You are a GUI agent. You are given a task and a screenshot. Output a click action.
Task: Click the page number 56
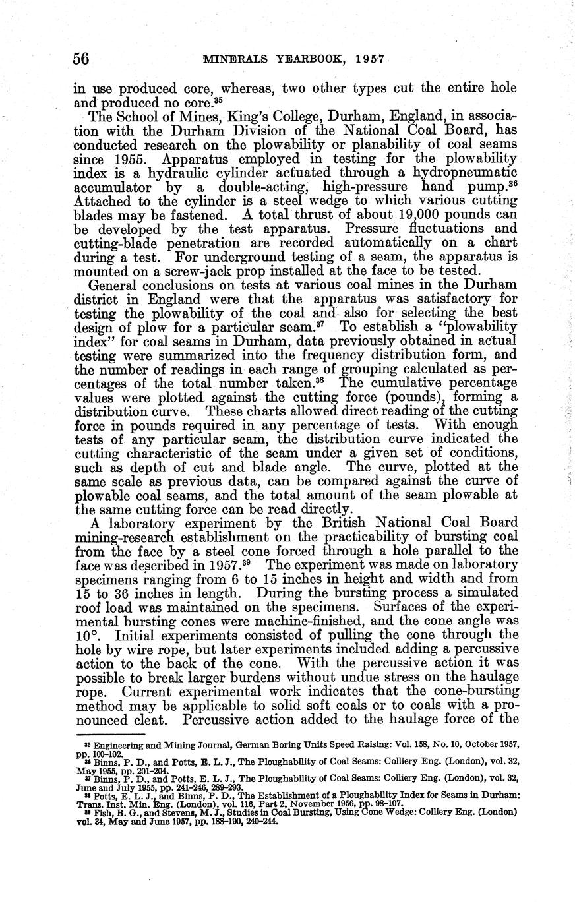[x=81, y=58]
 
